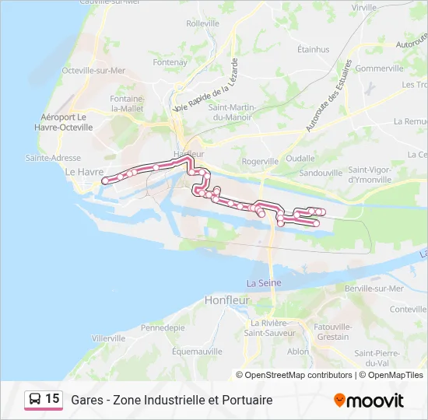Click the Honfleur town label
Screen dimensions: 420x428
tap(226, 299)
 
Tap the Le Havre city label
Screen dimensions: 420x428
tap(84, 172)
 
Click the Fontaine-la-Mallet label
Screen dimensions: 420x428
tap(128, 104)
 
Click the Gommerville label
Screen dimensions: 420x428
tap(379, 68)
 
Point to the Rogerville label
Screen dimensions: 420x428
tap(260, 161)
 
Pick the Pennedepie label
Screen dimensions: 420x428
tap(163, 327)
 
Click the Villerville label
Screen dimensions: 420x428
tap(108, 338)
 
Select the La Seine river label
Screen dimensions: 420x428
tap(264, 282)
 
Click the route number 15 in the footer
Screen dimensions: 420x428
tap(52, 399)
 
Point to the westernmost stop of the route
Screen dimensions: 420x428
tap(105, 181)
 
